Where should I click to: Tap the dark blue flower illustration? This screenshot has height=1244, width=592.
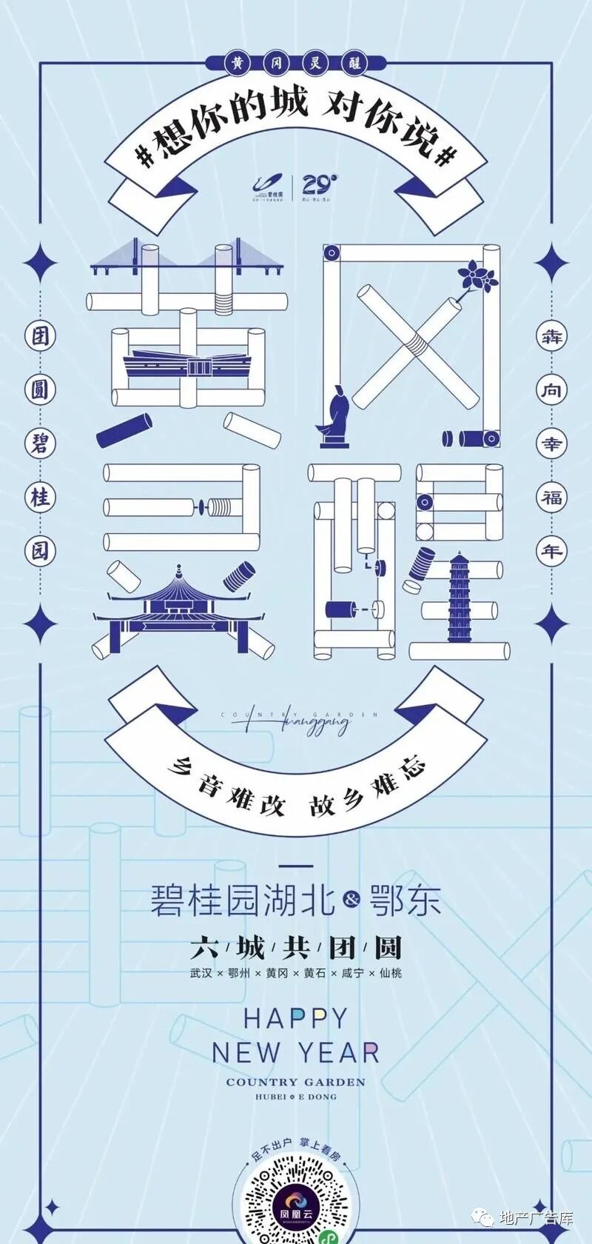[x=477, y=276]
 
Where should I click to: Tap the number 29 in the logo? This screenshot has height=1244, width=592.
[x=319, y=184]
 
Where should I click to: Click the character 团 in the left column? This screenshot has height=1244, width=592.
[x=40, y=335]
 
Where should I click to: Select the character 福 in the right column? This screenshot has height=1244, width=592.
[x=551, y=497]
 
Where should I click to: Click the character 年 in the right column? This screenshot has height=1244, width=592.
[x=551, y=550]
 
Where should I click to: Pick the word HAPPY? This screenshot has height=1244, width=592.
[x=295, y=1019]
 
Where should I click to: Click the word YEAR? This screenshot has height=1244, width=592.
[x=339, y=1052]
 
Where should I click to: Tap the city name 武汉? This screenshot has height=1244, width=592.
[x=201, y=973]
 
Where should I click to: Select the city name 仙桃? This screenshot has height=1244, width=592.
[x=390, y=973]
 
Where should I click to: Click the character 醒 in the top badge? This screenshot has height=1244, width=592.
[x=355, y=64]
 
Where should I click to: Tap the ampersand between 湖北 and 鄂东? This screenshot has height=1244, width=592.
[x=351, y=900]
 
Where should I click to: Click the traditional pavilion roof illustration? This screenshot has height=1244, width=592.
[x=178, y=592]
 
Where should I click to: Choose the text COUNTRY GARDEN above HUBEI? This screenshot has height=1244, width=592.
[x=296, y=1082]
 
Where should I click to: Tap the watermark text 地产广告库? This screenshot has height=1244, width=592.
[x=536, y=1218]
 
